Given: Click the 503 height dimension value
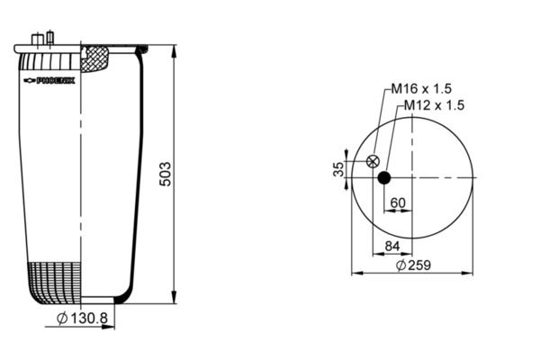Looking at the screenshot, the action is pyautogui.click(x=166, y=174).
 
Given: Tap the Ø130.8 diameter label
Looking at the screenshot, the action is pyautogui.click(x=82, y=318).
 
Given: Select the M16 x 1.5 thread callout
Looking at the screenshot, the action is pyautogui.click(x=421, y=89).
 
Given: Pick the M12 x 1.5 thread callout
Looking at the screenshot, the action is pyautogui.click(x=434, y=105).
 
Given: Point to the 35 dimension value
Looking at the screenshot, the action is pyautogui.click(x=339, y=169).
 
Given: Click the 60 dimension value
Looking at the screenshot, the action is pyautogui.click(x=398, y=202).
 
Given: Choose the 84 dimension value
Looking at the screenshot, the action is pyautogui.click(x=392, y=246).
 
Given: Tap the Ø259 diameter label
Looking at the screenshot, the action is pyautogui.click(x=413, y=265).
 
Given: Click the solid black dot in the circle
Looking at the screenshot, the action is pyautogui.click(x=384, y=178).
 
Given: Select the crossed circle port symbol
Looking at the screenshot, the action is pyautogui.click(x=373, y=161).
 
